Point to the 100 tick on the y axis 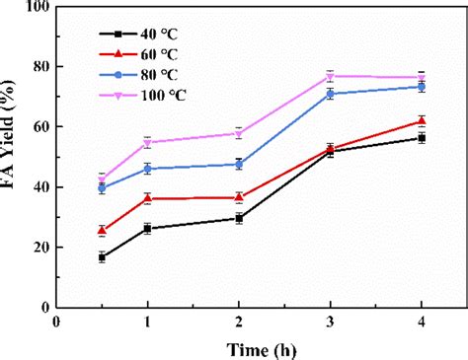click(x=39, y=7)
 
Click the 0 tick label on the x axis click(x=57, y=323)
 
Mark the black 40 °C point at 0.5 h click(x=103, y=257)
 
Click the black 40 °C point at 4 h click(x=422, y=138)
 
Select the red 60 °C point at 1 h click(x=148, y=198)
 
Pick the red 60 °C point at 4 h click(x=422, y=121)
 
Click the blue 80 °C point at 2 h click(x=239, y=165)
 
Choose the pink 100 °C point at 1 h click(x=148, y=143)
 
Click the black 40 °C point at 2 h click(x=239, y=218)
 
